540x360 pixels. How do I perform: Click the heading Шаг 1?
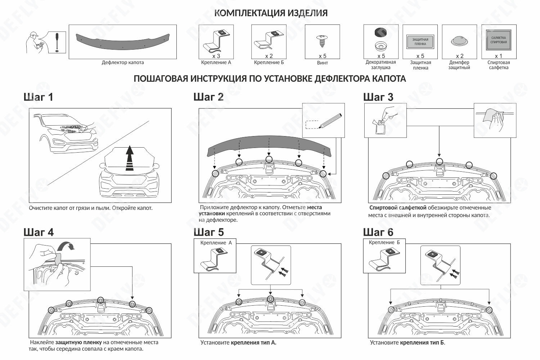[38, 97]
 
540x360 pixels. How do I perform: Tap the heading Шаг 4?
[39, 232]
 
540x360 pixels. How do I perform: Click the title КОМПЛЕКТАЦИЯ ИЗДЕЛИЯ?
[271, 13]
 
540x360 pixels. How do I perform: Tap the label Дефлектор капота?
[122, 63]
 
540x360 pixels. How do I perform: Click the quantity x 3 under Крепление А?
[216, 56]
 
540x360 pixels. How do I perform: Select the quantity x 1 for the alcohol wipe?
[498, 56]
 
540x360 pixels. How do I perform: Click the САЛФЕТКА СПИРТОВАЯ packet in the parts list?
[499, 40]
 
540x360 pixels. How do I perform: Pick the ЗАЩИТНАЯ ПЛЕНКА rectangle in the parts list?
[420, 42]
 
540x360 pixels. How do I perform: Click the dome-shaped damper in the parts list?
[459, 41]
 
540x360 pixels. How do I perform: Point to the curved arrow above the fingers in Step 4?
[66, 246]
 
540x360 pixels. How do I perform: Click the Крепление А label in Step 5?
[216, 243]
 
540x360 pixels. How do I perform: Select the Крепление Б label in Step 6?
[384, 243]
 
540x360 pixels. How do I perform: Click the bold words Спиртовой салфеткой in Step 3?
[398, 208]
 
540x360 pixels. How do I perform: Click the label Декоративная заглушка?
[381, 65]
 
